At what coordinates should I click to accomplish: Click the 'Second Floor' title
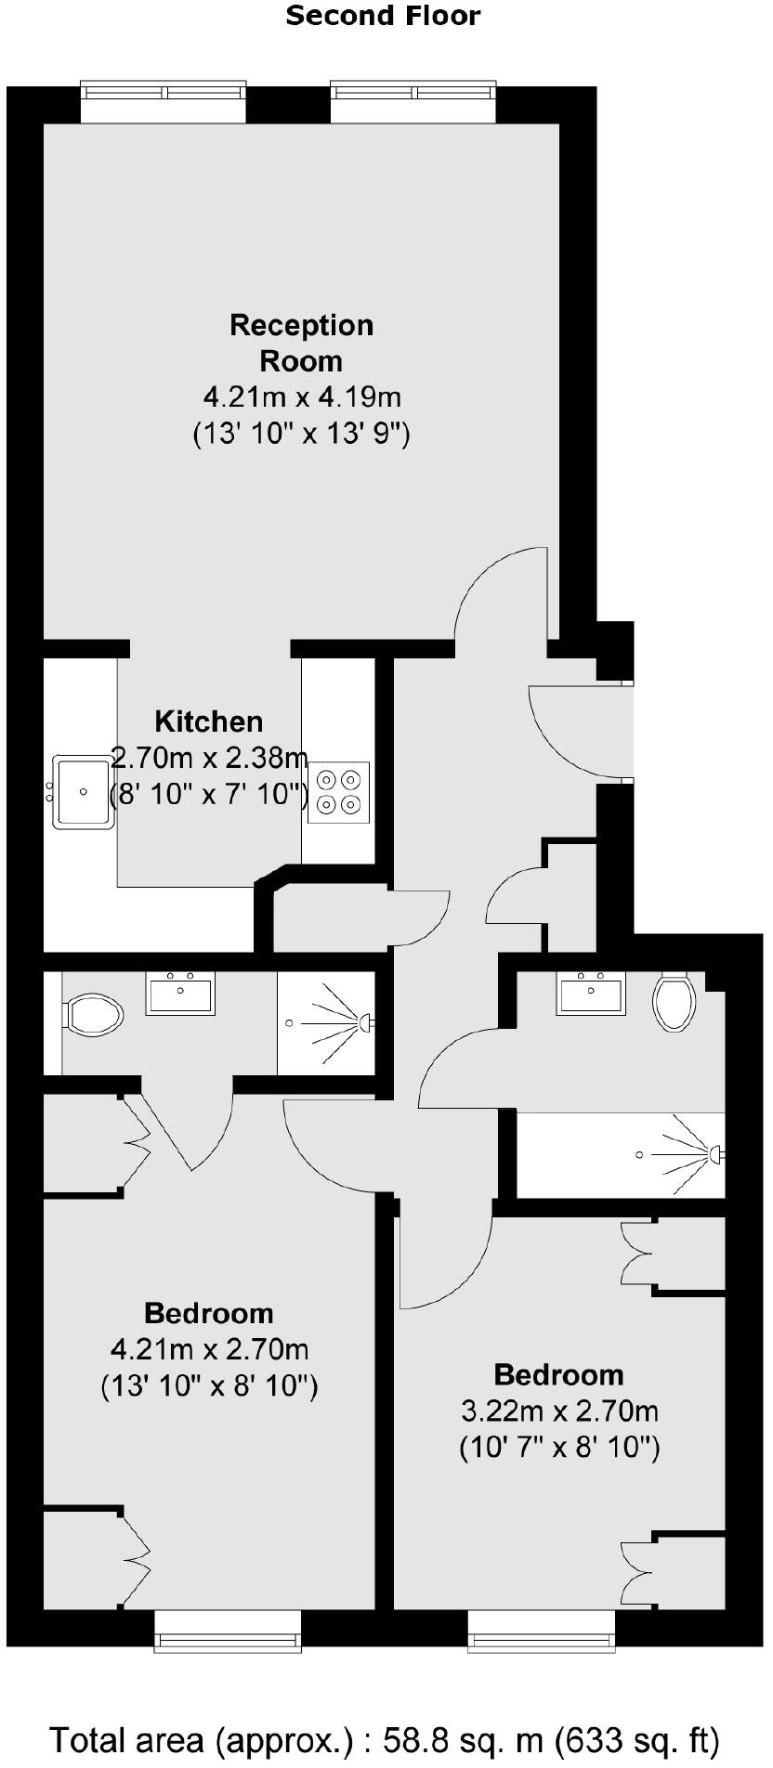coord(383,16)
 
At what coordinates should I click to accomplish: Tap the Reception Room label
coord(302,343)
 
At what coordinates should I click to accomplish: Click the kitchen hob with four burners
coord(338,792)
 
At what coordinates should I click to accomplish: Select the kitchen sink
coord(84,792)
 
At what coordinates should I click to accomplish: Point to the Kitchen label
coord(208,721)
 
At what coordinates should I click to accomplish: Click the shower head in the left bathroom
coord(365,1022)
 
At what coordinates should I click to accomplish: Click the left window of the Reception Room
coord(164,101)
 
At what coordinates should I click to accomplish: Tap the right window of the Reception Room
coord(414,101)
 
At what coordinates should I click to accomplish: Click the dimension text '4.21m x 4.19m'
coord(302,397)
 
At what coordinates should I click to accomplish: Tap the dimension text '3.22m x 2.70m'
coord(559,1411)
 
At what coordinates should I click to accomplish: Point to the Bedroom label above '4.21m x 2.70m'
coord(209,1313)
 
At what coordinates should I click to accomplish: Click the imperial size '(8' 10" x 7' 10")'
coord(209,795)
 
